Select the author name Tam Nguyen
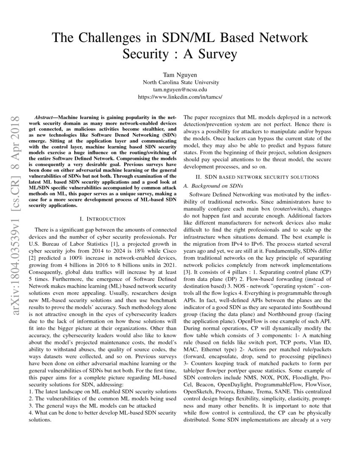coord(180,75)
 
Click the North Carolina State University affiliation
coord(180,82)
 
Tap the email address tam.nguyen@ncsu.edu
coord(180,89)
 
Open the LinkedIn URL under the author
coord(180,97)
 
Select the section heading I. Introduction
coord(102,219)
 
